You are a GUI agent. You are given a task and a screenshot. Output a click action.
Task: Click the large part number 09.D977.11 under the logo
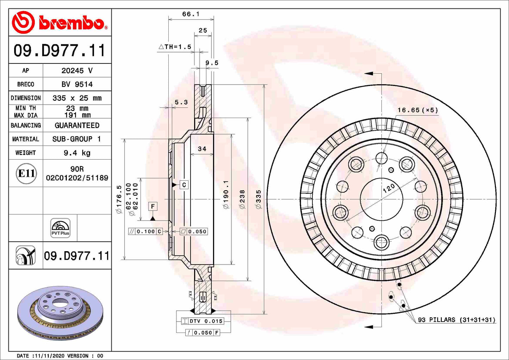tap(60, 50)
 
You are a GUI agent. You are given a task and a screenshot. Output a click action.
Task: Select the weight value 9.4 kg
tap(77, 153)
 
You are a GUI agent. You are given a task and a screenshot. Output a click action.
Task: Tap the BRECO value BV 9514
tap(77, 84)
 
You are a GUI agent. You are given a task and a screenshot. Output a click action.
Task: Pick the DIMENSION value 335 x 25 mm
tap(77, 98)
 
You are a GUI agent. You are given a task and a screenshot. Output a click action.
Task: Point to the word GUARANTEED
tap(77, 125)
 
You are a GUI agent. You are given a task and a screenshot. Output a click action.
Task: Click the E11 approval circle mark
tap(26, 173)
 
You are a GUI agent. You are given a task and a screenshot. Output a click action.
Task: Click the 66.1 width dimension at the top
tap(191, 14)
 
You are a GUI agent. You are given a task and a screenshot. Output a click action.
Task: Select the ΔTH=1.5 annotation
tap(175, 46)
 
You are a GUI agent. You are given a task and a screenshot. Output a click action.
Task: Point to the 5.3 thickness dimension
tap(181, 103)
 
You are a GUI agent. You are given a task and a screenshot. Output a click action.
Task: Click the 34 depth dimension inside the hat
tap(202, 149)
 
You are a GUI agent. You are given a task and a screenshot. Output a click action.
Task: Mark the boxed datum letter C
tap(184, 185)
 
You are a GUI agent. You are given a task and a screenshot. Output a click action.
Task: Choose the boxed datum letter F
tap(153, 206)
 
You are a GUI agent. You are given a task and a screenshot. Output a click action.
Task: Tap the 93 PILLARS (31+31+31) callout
tap(457, 320)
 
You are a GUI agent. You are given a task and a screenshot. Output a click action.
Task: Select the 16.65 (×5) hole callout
tap(418, 110)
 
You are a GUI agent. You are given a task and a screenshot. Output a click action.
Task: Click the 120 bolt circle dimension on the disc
tap(389, 188)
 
